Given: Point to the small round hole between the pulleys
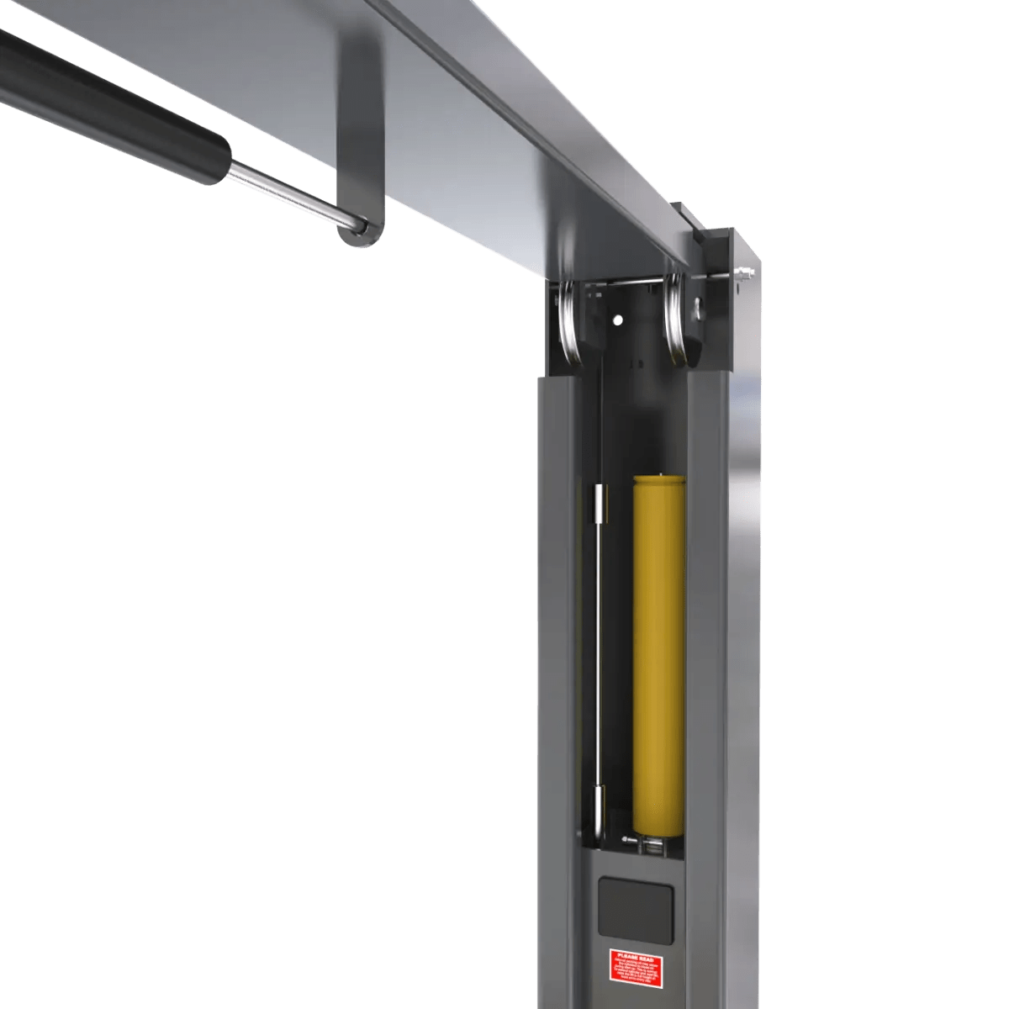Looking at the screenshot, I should point(618,320).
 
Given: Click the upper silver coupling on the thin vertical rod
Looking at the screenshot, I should point(598,504).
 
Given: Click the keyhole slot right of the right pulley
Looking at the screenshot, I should point(698,309).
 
